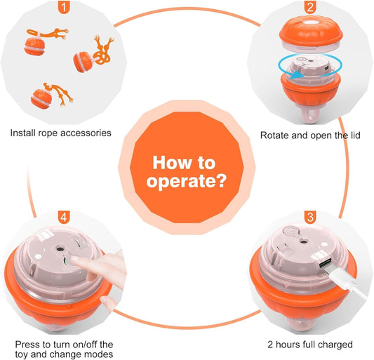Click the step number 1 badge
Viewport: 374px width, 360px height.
point(64,7)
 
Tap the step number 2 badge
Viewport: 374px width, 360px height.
point(310,7)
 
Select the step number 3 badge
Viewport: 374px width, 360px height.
point(310,217)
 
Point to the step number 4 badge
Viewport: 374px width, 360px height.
point(64,217)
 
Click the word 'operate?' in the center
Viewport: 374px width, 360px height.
point(187,182)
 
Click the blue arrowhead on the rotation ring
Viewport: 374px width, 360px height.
point(296,74)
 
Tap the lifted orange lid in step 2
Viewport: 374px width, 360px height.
point(311,34)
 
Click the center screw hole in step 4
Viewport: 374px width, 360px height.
point(59,249)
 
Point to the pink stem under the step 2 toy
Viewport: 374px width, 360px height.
point(310,115)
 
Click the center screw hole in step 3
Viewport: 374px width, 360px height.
point(303,241)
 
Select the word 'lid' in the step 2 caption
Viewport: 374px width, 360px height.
point(355,135)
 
